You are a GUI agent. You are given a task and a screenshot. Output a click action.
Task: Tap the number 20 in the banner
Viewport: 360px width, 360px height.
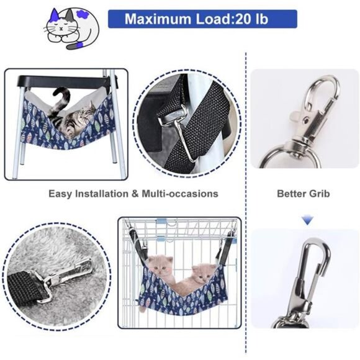click(x=243, y=19)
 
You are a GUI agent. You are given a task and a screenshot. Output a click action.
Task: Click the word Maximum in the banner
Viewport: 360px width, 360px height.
click(x=158, y=19)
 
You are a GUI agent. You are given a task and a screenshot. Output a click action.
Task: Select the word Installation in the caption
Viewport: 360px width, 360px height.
click(x=102, y=194)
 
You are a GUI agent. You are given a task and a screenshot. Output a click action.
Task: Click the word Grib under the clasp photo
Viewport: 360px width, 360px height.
click(x=320, y=194)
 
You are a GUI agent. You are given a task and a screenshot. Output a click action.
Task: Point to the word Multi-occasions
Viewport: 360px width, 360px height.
click(x=180, y=194)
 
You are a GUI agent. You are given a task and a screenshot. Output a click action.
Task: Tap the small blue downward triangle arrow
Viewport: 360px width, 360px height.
click(x=307, y=220)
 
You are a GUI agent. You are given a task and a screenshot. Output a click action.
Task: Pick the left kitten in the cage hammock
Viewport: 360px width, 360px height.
click(x=161, y=268)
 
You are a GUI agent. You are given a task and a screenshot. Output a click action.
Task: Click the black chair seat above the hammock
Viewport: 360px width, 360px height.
click(x=63, y=81)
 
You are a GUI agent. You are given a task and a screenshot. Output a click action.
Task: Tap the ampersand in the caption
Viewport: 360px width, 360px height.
click(x=135, y=194)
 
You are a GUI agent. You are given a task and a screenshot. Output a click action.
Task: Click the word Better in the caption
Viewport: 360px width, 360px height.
click(x=292, y=194)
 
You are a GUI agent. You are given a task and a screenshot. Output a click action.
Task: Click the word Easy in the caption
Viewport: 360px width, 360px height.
click(x=60, y=194)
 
